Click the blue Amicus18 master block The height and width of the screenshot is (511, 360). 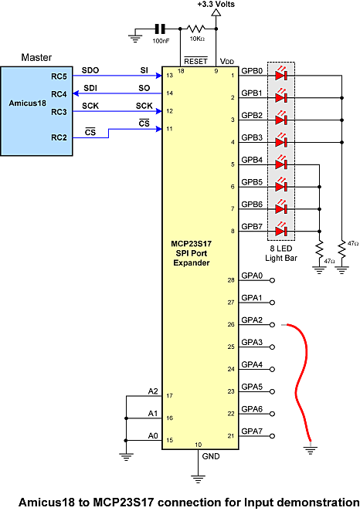(x=36, y=111)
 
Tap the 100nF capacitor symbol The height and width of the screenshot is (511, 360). (x=159, y=29)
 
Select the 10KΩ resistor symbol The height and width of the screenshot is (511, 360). (x=197, y=29)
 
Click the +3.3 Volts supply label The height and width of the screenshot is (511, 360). (x=216, y=4)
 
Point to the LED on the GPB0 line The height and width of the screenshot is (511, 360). (x=281, y=75)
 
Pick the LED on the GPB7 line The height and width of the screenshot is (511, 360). (x=281, y=231)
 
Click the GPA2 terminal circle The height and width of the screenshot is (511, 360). (x=272, y=325)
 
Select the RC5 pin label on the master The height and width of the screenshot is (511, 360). (x=59, y=76)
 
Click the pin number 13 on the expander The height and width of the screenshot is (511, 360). (x=169, y=76)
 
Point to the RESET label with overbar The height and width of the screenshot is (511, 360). (x=195, y=61)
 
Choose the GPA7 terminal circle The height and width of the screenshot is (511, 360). (x=272, y=436)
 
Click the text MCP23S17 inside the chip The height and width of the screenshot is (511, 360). (x=191, y=244)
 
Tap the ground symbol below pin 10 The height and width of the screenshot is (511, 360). (x=198, y=479)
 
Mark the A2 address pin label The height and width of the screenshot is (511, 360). (x=153, y=391)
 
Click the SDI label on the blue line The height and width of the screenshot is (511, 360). (x=90, y=88)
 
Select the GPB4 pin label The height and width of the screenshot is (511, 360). (x=252, y=160)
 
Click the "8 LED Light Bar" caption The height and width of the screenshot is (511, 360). (x=281, y=253)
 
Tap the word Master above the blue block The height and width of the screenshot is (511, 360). (x=36, y=57)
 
